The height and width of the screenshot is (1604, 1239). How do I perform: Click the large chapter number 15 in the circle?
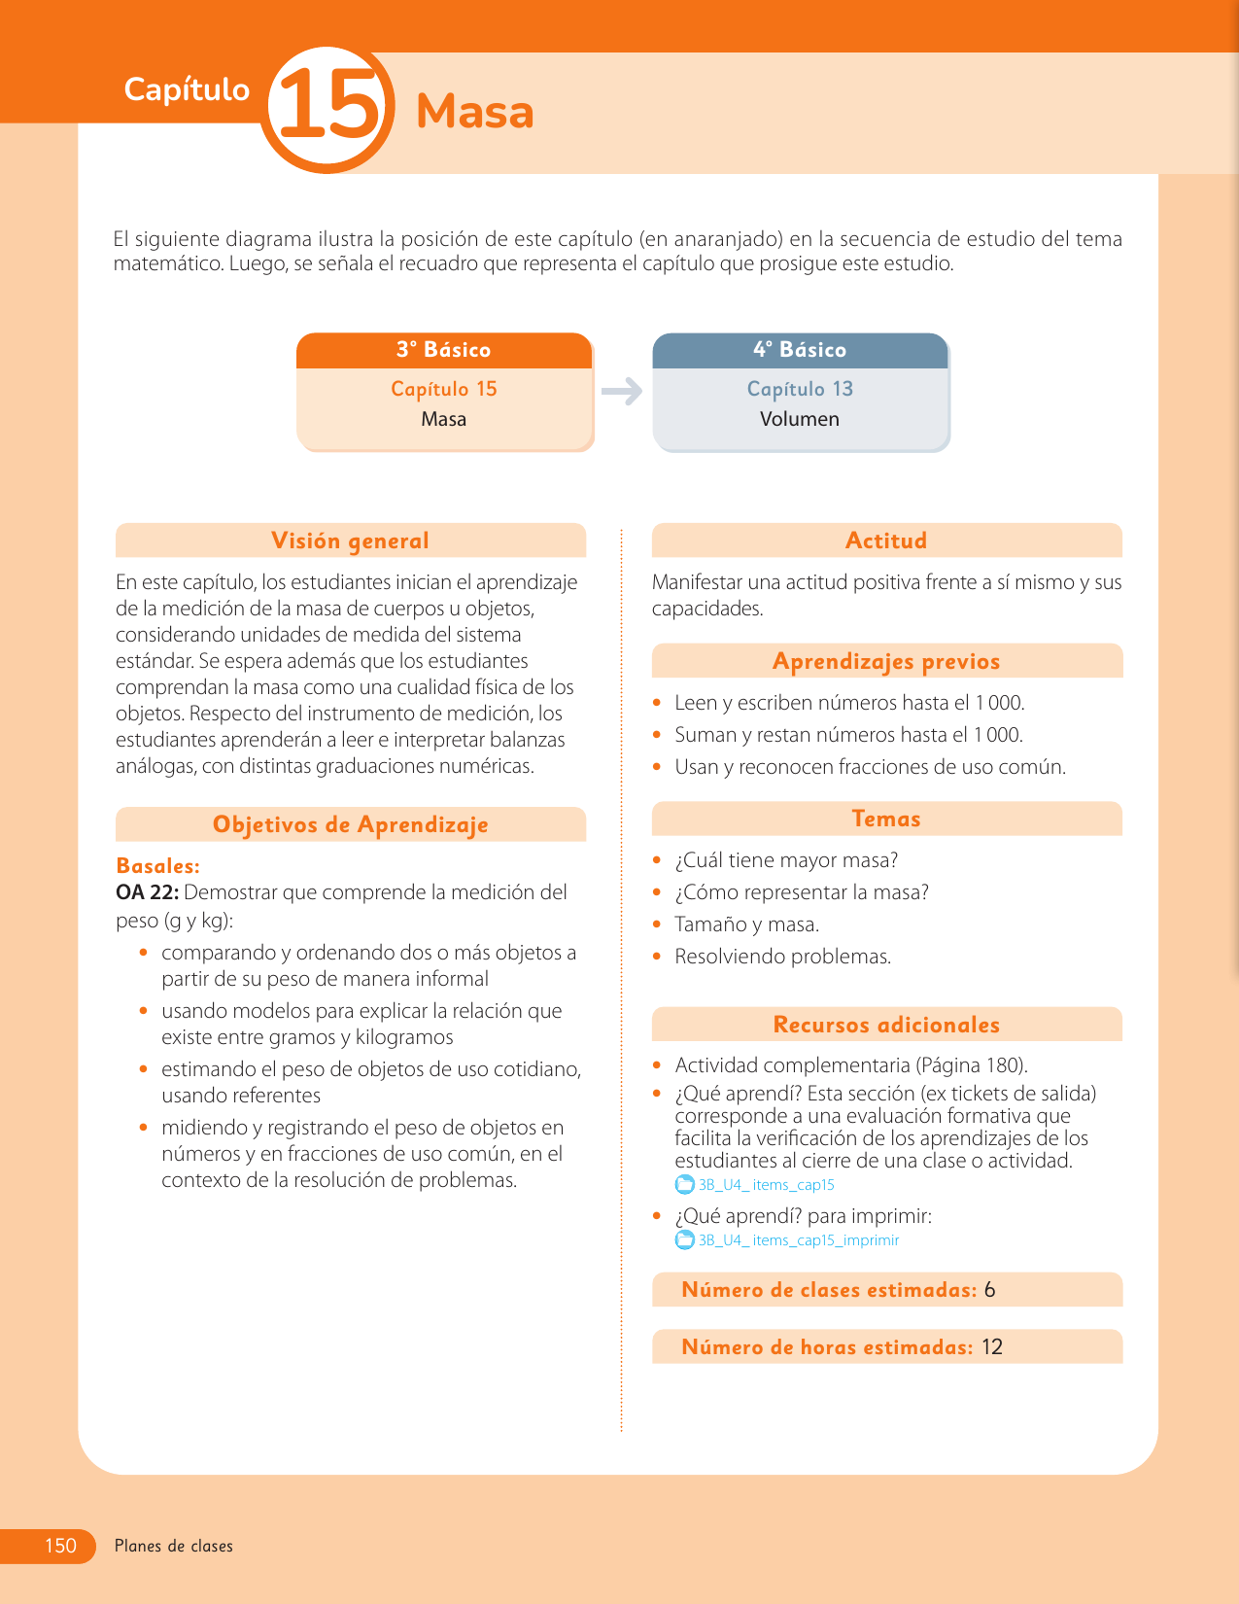(327, 109)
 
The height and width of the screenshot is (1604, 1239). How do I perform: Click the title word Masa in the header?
(474, 112)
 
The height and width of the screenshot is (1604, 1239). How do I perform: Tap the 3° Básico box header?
(444, 350)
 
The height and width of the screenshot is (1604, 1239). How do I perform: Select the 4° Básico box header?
(800, 350)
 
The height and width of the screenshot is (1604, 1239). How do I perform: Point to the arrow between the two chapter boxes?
(622, 392)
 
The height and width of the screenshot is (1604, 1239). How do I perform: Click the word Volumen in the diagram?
(800, 419)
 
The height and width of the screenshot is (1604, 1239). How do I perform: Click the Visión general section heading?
(350, 540)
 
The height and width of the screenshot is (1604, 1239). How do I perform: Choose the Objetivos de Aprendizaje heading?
(350, 824)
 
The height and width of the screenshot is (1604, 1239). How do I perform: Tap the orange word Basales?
(157, 865)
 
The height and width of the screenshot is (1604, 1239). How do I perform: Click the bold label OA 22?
(147, 892)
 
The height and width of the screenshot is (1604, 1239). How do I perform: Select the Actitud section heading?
(886, 540)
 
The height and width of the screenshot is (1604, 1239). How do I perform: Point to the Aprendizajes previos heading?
(886, 661)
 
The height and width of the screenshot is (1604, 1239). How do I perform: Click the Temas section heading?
(886, 819)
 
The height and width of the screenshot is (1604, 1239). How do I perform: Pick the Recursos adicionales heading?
(886, 1025)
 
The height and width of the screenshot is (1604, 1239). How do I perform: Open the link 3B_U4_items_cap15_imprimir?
(799, 1240)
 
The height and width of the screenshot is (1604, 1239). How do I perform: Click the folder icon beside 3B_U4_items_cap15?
(685, 1185)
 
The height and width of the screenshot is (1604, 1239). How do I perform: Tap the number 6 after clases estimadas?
(989, 1290)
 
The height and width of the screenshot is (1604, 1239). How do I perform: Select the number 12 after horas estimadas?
(992, 1347)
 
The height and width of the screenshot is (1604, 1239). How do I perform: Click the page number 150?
(60, 1546)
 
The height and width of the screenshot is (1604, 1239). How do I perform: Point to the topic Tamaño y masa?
(746, 924)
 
